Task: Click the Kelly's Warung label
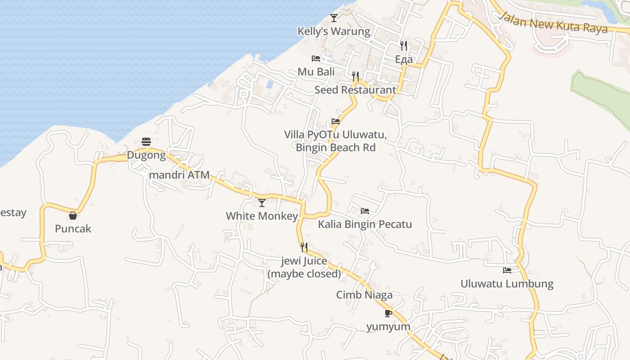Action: [334, 31]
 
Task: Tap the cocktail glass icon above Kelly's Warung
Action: [333, 18]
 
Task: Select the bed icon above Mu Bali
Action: [316, 58]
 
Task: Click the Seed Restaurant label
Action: [355, 90]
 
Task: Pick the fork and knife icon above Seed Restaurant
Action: [355, 76]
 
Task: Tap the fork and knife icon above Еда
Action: [404, 46]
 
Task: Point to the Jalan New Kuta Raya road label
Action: [553, 22]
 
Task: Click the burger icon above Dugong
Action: [146, 142]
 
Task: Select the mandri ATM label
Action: [179, 175]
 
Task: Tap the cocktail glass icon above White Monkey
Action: [261, 202]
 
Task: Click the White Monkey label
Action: [261, 216]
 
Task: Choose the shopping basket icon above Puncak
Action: [73, 216]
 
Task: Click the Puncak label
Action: [73, 229]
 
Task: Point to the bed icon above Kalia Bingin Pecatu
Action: [365, 211]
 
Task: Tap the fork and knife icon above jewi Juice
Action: [304, 247]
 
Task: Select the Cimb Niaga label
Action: [364, 295]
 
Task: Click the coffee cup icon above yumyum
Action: [388, 313]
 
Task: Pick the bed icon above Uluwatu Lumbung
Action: [507, 270]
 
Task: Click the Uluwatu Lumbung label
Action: [507, 284]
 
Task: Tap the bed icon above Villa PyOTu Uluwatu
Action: [336, 121]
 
